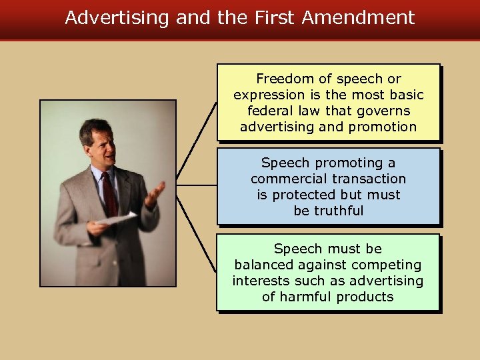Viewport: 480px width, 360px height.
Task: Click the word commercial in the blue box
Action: [281, 179]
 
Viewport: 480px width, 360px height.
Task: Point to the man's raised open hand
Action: [155, 193]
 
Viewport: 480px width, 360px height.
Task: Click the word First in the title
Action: [275, 17]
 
